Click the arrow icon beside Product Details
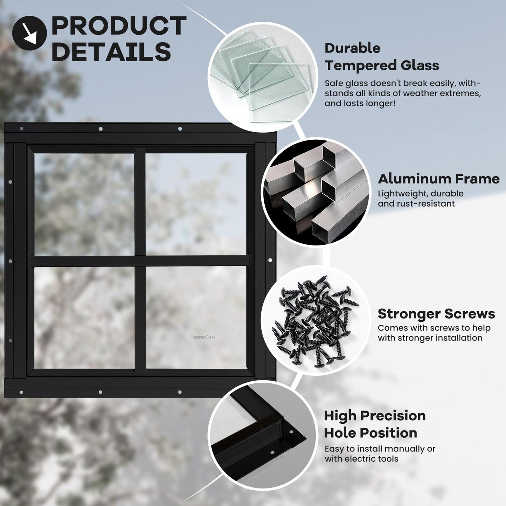(x=29, y=33)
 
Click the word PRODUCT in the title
(x=119, y=26)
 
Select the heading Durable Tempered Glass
(x=381, y=57)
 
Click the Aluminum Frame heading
(x=438, y=179)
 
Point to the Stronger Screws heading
(x=436, y=314)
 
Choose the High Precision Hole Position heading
(x=374, y=424)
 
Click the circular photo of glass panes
(x=263, y=77)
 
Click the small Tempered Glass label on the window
(x=203, y=337)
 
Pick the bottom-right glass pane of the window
(x=196, y=317)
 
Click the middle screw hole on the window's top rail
(x=100, y=129)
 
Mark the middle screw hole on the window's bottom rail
(x=100, y=392)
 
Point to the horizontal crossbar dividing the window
(x=140, y=261)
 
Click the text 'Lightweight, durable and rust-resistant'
(x=420, y=199)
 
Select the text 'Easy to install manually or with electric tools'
(x=380, y=454)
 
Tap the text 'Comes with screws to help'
(x=434, y=328)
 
